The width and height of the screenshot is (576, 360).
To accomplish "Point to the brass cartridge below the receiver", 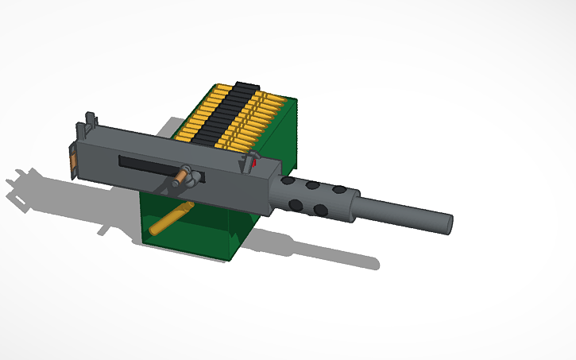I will coord(172,218).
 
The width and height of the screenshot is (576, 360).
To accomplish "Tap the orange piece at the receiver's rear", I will coord(73,163).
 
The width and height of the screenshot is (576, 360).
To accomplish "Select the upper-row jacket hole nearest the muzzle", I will coord(339,191).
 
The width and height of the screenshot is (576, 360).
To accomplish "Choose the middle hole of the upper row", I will coord(313,185).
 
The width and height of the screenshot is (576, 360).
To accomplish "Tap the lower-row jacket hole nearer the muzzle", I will coord(320,211).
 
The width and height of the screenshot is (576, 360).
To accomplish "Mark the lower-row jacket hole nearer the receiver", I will coord(296,204).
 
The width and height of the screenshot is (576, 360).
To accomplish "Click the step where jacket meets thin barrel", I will coord(357,205).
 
